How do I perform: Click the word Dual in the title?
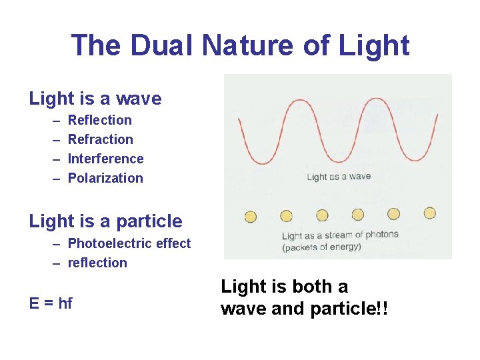point(163,45)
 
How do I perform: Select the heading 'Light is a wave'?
point(95,99)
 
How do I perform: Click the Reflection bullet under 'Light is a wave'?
point(100,120)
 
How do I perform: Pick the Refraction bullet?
point(101,139)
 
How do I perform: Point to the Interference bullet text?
point(106,159)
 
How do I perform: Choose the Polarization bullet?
point(105,178)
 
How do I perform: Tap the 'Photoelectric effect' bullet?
point(129,243)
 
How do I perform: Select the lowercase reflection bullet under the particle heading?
point(97,263)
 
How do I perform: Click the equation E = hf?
point(51,303)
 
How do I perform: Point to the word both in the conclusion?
point(307,287)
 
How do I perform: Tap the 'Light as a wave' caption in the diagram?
point(339,177)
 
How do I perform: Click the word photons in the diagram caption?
point(381,234)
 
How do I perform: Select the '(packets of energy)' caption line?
point(321,247)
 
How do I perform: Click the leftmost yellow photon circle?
point(251,216)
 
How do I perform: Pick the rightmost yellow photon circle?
point(429,213)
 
